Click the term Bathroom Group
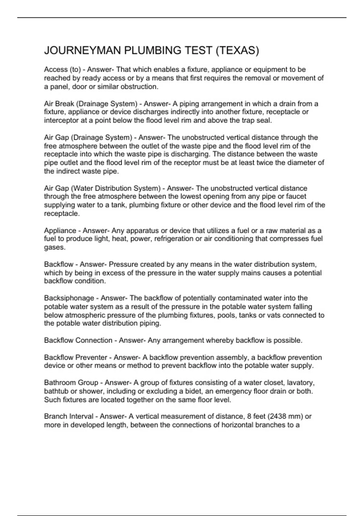click(71, 383)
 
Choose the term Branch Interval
click(69, 416)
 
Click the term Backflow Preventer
click(76, 358)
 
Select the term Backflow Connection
click(78, 341)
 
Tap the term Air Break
click(59, 104)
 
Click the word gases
click(55, 247)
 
